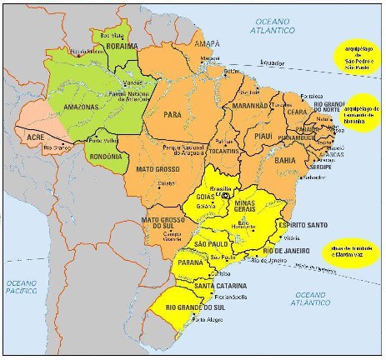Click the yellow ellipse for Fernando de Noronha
point(361,114)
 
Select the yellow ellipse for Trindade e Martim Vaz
point(351,251)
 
